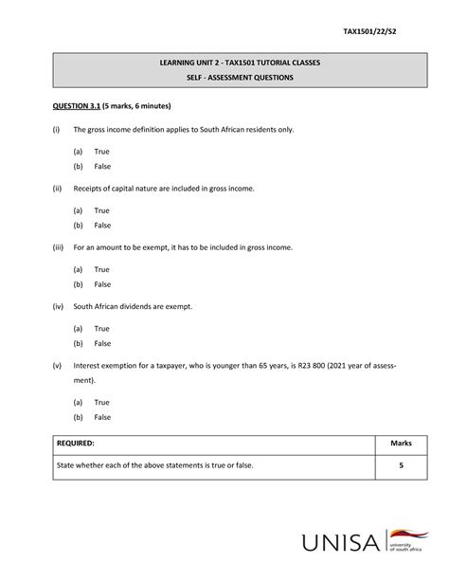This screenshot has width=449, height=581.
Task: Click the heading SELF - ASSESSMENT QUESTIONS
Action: click(224, 77)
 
